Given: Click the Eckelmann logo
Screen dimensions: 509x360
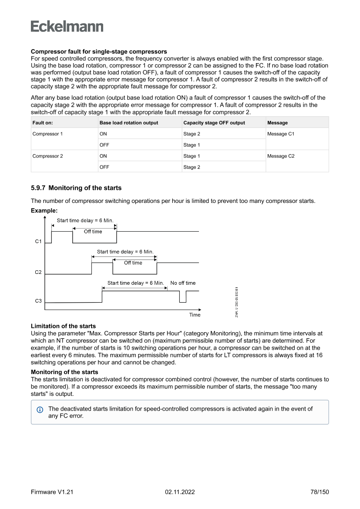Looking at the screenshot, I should click(x=67, y=26).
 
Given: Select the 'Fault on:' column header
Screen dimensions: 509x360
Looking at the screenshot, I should click(x=43, y=123).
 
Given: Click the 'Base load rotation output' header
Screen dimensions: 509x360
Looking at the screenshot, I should click(x=129, y=123).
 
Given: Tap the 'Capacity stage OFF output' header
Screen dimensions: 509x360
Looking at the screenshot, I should click(x=214, y=123).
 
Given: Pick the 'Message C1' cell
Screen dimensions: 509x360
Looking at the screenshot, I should click(x=281, y=134).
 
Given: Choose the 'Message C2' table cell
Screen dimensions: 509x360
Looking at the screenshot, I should click(x=281, y=156).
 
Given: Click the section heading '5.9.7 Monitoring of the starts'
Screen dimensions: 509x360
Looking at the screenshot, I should click(x=76, y=188).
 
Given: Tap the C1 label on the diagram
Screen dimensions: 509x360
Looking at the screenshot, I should click(x=38, y=241).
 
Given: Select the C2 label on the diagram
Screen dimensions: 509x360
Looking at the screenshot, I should click(x=38, y=273).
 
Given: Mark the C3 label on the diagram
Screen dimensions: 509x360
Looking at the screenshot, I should click(x=38, y=300).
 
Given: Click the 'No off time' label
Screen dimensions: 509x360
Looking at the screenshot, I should click(x=183, y=283).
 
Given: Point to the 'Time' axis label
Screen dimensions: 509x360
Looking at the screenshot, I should click(x=195, y=315).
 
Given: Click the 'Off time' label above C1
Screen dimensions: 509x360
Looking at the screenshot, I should click(x=93, y=232).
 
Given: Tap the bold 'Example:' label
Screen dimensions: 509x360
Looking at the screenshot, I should click(x=44, y=210).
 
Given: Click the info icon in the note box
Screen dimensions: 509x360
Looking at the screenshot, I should click(x=40, y=409).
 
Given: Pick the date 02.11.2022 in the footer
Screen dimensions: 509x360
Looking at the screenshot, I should click(x=180, y=492).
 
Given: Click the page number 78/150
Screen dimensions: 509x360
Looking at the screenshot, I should click(x=316, y=492).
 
